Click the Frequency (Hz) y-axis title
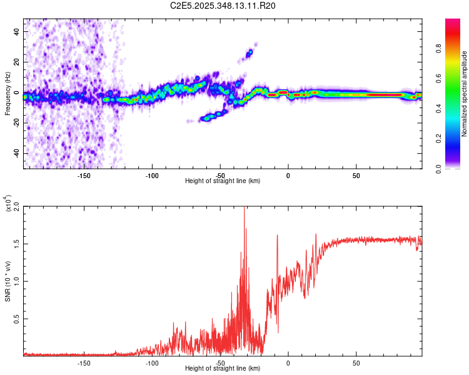8,94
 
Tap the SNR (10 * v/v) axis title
8,281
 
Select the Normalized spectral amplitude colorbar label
465,94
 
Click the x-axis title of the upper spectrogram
223,181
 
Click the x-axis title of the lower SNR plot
223,369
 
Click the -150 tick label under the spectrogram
84,176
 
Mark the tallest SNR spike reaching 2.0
244,209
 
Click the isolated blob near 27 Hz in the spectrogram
250,53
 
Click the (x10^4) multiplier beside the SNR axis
8,203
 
